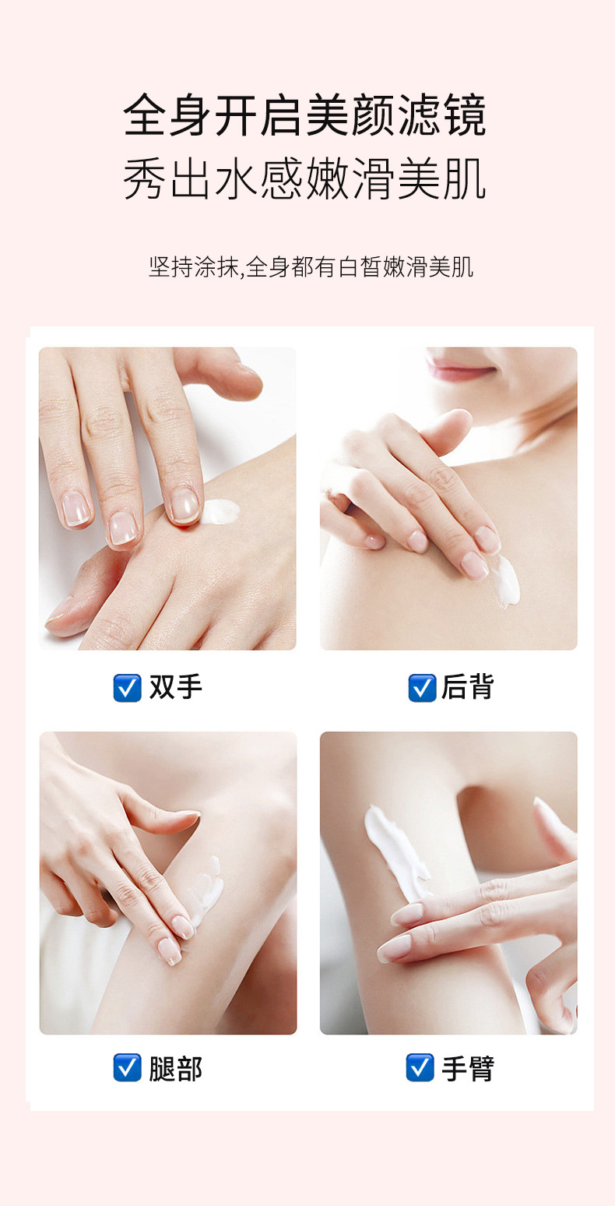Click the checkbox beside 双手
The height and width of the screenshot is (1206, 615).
pyautogui.click(x=127, y=688)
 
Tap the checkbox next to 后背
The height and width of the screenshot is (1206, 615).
pyautogui.click(x=422, y=688)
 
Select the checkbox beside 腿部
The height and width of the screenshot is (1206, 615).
pyautogui.click(x=127, y=1067)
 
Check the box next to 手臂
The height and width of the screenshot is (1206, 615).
pyautogui.click(x=420, y=1067)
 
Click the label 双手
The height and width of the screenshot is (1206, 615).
pyautogui.click(x=176, y=688)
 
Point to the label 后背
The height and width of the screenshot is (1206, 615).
pyautogui.click(x=468, y=688)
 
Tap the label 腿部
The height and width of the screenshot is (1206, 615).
pyautogui.click(x=176, y=1068)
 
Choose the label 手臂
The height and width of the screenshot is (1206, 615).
pyautogui.click(x=468, y=1068)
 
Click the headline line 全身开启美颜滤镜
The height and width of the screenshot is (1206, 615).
pyautogui.click(x=305, y=115)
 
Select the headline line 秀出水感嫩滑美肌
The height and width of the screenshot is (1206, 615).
pyautogui.click(x=305, y=180)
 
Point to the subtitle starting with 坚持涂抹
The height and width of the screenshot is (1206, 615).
pyautogui.click(x=311, y=267)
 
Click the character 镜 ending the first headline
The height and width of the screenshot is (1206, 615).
pyautogui.click(x=464, y=115)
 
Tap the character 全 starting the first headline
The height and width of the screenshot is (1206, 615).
pyautogui.click(x=146, y=115)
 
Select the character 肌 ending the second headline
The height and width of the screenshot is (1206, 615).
pyautogui.click(x=464, y=180)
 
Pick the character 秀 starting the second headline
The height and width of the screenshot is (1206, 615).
pyautogui.click(x=146, y=180)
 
